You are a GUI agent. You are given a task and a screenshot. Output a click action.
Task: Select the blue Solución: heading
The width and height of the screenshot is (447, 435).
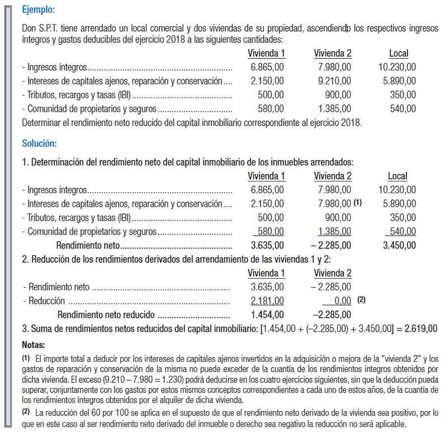pos(39,144)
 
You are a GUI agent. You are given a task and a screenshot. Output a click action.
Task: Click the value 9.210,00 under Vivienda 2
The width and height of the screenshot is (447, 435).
pos(334,81)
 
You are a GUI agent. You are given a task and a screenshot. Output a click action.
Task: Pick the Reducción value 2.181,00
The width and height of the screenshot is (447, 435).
pos(268,301)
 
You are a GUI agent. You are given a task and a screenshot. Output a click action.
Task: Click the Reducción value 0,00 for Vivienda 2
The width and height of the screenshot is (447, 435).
pos(341,301)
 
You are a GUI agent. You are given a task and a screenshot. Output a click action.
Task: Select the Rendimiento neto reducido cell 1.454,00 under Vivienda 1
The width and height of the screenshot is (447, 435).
pos(268,314)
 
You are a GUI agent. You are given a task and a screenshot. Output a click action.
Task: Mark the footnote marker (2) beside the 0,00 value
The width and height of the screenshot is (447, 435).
pos(362,300)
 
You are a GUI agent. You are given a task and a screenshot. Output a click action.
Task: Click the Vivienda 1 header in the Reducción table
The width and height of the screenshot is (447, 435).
pos(267,273)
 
